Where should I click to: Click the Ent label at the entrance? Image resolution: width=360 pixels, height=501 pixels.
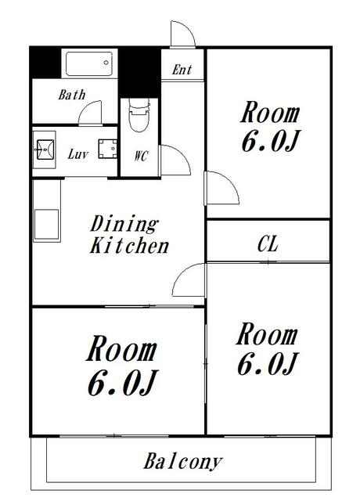[x=182, y=70]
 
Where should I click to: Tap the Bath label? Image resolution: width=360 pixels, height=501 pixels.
[x=72, y=95]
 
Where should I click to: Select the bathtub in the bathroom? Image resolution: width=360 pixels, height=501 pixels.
[x=89, y=63]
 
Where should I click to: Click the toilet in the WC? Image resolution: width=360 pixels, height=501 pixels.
[x=139, y=115]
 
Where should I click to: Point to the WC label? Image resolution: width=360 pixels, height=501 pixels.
[x=141, y=156]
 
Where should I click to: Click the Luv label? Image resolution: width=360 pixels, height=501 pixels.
[x=78, y=154]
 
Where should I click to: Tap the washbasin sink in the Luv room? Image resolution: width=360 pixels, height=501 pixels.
[x=45, y=150]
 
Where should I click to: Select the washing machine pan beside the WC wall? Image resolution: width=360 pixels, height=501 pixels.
[x=108, y=149]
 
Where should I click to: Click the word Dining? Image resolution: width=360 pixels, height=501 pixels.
[x=124, y=224]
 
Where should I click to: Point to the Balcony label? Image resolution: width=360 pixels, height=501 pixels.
[x=182, y=462]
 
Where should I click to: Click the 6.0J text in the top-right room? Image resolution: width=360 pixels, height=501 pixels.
[x=270, y=141]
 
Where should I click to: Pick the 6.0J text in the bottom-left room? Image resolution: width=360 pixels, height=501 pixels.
[x=122, y=383]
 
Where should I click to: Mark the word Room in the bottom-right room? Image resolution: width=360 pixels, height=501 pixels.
[x=267, y=334]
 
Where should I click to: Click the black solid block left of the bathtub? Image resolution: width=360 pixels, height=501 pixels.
[x=45, y=63]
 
